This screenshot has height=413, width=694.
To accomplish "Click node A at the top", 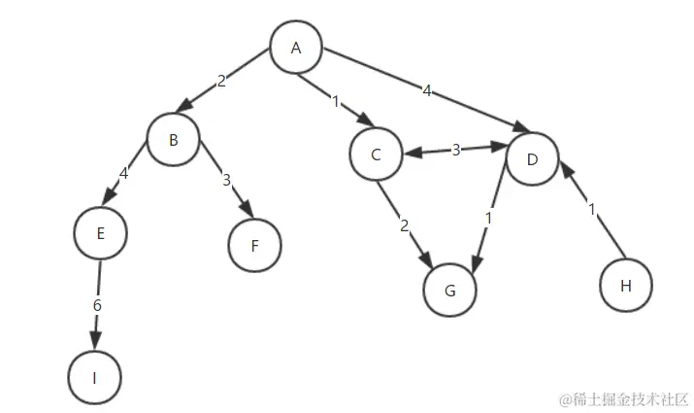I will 296,48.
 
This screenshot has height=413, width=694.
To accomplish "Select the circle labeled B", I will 174,140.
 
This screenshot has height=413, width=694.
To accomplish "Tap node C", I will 376,155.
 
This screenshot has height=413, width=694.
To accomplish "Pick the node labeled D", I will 532,159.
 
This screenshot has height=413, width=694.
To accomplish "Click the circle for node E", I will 100,233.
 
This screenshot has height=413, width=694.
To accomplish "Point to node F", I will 254,245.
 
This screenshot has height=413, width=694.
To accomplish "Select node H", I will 625,286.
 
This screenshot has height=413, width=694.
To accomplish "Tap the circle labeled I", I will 95,377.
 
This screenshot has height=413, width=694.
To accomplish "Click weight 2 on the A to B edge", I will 221,82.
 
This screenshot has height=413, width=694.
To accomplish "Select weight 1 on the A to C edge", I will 336,101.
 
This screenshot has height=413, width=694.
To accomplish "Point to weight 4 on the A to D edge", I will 427,91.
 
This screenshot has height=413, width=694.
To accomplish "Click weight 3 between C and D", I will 455,150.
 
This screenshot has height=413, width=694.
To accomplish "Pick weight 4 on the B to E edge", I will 124,177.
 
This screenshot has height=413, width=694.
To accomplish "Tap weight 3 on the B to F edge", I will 227,181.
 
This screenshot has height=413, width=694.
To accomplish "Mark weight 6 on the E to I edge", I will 97,305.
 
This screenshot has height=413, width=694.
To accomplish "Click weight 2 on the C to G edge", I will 405,226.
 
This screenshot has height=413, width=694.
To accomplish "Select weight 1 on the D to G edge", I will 488,220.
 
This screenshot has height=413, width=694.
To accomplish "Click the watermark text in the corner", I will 622,399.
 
